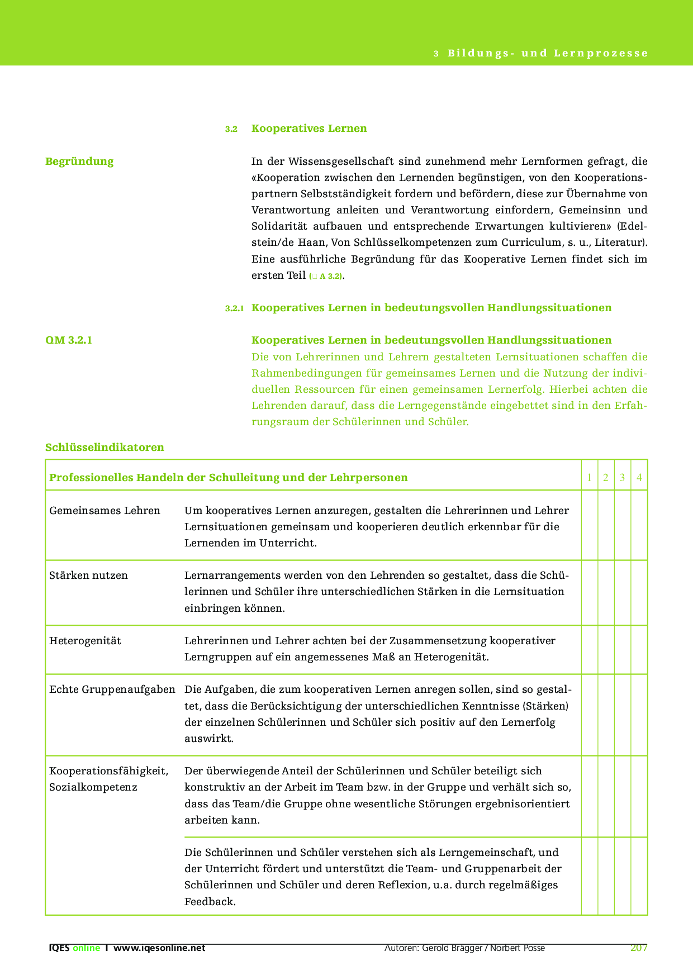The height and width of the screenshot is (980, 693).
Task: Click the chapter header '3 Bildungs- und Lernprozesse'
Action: pyautogui.click(x=540, y=54)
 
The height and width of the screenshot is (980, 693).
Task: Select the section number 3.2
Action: pyautogui.click(x=231, y=129)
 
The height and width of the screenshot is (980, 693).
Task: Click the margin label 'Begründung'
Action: pyautogui.click(x=79, y=161)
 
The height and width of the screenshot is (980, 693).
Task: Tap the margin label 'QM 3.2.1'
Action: pyautogui.click(x=69, y=340)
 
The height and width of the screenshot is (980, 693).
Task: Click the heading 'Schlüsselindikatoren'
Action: pyautogui.click(x=105, y=448)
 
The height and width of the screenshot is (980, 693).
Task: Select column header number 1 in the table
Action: pyautogui.click(x=589, y=478)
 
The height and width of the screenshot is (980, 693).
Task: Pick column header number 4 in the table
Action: pyautogui.click(x=639, y=478)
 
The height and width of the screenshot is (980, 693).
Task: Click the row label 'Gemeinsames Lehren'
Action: pyautogui.click(x=105, y=511)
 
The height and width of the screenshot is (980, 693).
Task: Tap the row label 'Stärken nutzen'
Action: pyautogui.click(x=89, y=575)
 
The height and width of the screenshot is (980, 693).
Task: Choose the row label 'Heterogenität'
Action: pyautogui.click(x=85, y=641)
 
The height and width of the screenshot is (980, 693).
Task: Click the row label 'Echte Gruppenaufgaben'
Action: pyautogui.click(x=112, y=689)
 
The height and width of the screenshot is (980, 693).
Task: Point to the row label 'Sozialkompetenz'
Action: pyautogui.click(x=93, y=787)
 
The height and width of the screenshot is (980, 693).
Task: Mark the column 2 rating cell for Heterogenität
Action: pyautogui.click(x=606, y=650)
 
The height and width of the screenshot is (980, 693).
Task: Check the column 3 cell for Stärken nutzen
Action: pyautogui.click(x=623, y=592)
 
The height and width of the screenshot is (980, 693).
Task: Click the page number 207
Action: pyautogui.click(x=639, y=948)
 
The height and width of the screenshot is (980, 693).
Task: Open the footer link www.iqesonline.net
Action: pyautogui.click(x=159, y=948)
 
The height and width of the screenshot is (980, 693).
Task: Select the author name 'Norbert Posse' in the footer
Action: pyautogui.click(x=518, y=948)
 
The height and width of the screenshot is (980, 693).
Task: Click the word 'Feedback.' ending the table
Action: pyautogui.click(x=210, y=901)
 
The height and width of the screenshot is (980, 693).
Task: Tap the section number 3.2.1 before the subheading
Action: pyautogui.click(x=235, y=308)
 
